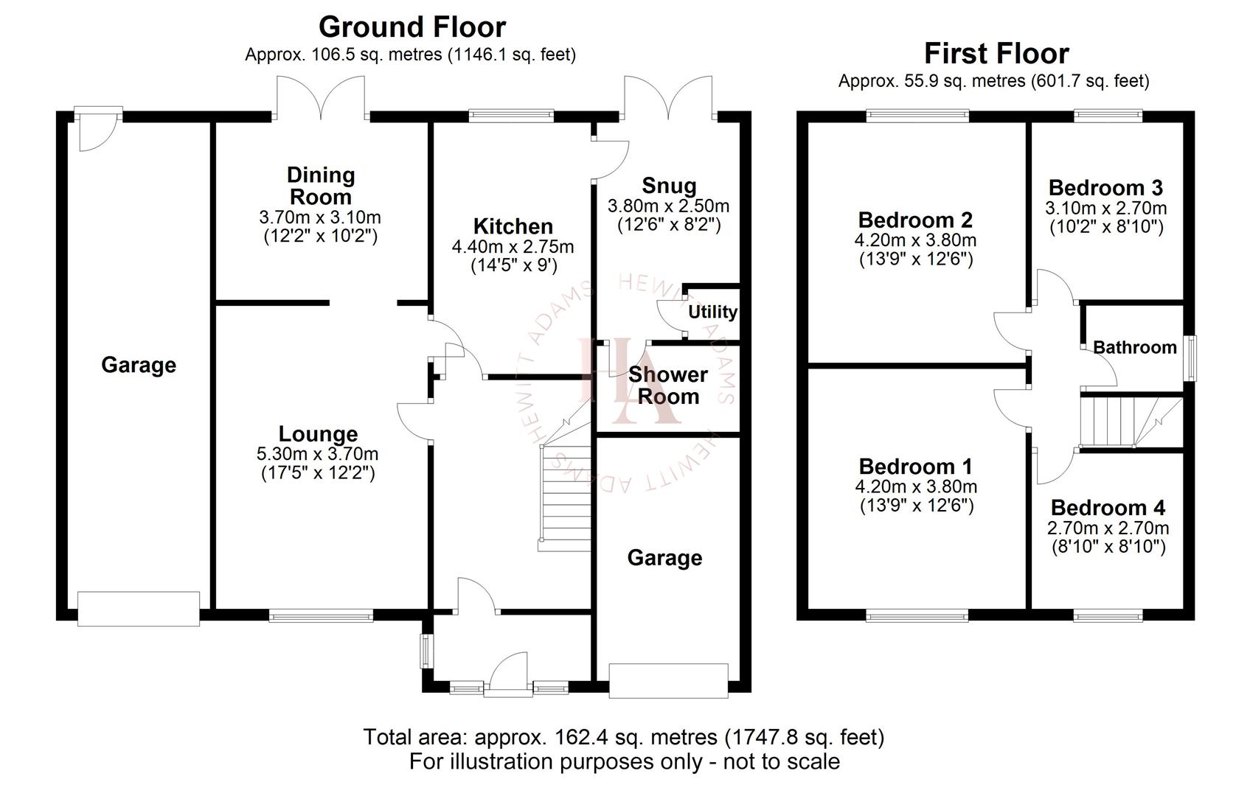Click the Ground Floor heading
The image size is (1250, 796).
[412, 27]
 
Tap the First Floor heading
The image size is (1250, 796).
[996, 54]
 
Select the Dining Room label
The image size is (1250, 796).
[321, 186]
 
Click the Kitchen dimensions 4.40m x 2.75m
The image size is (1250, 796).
[513, 247]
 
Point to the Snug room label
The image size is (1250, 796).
[668, 185]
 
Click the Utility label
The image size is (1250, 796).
[712, 312]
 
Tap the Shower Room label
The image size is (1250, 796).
[667, 385]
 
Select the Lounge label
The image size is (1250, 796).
[318, 434]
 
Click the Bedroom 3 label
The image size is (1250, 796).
[1105, 187]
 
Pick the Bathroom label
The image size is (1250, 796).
[1134, 347]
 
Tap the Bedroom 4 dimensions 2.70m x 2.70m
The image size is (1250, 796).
[1108, 528]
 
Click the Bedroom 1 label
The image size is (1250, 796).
[915, 467]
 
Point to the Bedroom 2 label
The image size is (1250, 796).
[915, 220]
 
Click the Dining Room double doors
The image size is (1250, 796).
[321, 99]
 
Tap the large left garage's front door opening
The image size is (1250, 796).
[139, 609]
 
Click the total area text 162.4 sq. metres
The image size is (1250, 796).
[623, 737]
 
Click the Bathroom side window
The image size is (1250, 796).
[1190, 358]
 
